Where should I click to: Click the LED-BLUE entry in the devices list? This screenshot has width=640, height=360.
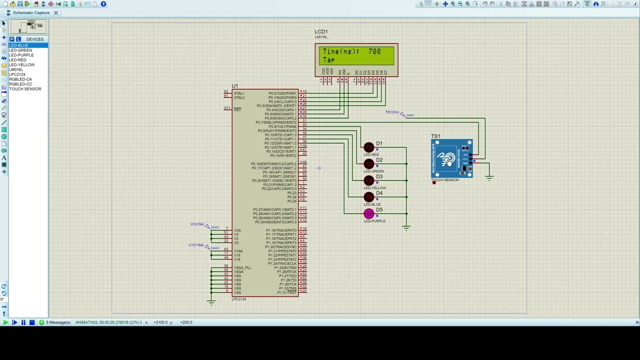coord(18,45)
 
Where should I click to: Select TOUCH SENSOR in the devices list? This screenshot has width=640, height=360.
coord(25,89)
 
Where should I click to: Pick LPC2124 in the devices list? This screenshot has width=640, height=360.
coord(17,74)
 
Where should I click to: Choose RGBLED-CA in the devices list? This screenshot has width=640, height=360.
coord(20,79)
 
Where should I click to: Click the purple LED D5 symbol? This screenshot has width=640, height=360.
coord(369,214)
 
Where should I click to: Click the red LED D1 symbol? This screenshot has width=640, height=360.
coord(369,147)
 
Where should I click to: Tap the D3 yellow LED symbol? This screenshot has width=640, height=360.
coord(369,180)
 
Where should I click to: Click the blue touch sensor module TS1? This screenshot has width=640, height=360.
coord(451,159)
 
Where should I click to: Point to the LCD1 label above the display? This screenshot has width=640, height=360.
coord(321,32)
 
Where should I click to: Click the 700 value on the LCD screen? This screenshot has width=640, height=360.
coord(374,51)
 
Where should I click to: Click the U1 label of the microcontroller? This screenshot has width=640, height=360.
coord(235,86)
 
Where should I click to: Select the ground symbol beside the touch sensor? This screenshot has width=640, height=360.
coord(489,177)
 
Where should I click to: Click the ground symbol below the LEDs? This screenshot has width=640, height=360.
coord(406,228)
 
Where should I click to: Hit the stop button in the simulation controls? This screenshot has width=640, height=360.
coord(32,322)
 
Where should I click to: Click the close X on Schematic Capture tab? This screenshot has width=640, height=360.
coord(56,12)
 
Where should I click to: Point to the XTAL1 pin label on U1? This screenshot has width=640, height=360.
coord(239,93)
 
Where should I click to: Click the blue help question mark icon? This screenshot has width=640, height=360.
coord(103,4)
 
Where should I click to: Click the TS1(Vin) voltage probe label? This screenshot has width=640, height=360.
coord(392,112)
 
